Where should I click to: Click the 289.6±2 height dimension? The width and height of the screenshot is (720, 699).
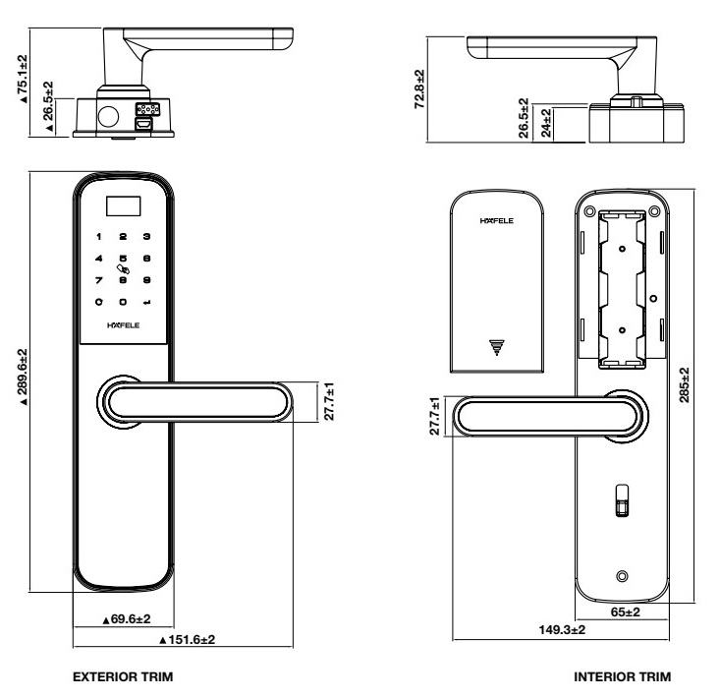pos(23,377)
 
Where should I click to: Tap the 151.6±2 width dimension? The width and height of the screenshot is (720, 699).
pos(187,639)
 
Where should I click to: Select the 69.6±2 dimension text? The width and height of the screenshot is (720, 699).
pos(127,619)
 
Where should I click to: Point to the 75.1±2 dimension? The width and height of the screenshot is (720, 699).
pos(23,79)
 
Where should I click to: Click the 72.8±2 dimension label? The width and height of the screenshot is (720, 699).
pos(419,89)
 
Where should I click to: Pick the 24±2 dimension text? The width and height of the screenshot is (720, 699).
pos(546,123)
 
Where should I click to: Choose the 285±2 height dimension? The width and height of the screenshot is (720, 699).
pos(685,384)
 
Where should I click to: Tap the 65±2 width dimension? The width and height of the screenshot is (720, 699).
pos(625,612)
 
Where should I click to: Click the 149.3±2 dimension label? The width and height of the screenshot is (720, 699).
pos(562,629)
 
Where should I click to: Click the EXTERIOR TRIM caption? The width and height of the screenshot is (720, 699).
pos(123,676)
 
